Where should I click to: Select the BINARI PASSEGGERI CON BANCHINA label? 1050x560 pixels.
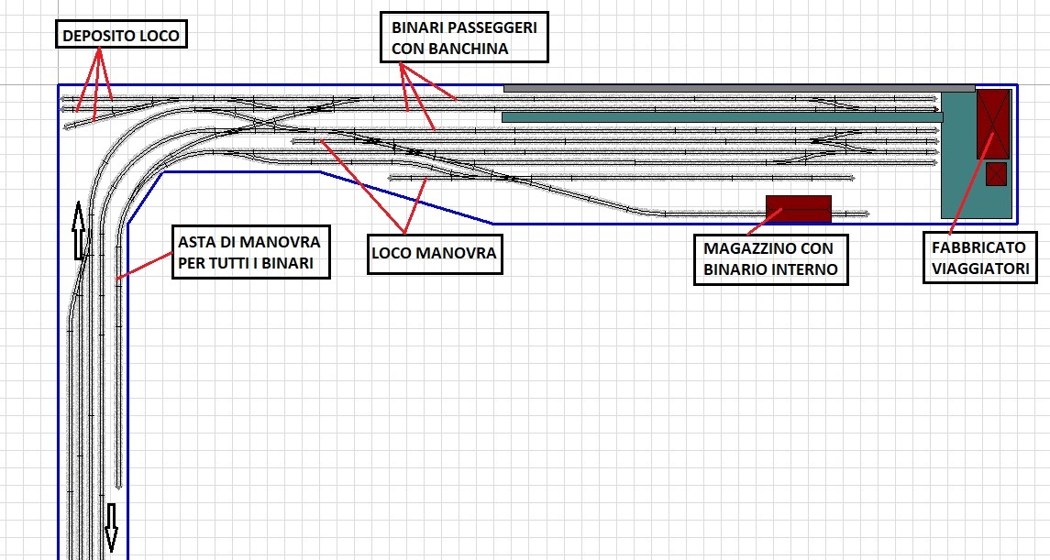click(464, 38)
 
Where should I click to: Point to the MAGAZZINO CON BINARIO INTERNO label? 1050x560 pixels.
click(770, 259)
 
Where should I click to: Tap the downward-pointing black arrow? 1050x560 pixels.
click(111, 527)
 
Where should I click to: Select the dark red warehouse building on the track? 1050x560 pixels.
click(798, 209)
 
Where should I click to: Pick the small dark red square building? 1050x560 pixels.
click(996, 174)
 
